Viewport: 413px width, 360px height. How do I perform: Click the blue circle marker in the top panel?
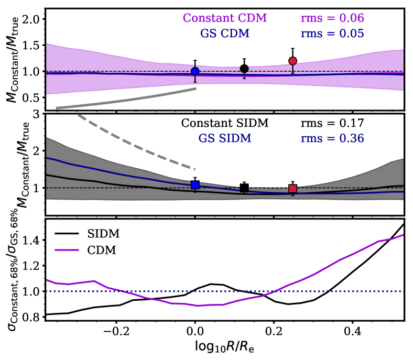(x=195, y=71)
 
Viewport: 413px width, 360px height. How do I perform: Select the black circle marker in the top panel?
(x=244, y=69)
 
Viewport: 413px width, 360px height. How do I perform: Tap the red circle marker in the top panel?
(x=292, y=61)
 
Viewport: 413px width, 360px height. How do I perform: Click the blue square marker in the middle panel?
(x=195, y=184)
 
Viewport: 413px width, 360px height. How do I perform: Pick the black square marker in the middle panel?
(x=244, y=188)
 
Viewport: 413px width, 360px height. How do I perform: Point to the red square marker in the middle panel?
(x=292, y=189)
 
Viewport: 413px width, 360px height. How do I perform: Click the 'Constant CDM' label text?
(x=224, y=18)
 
